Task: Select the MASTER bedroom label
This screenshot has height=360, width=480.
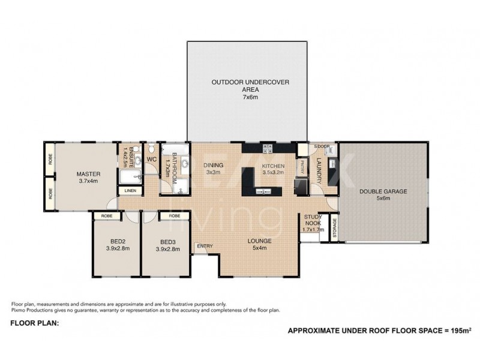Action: [87, 177]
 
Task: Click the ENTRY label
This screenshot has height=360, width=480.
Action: [204, 245]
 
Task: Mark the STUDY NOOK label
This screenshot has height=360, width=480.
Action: [313, 222]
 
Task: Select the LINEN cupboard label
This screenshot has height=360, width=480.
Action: [131, 191]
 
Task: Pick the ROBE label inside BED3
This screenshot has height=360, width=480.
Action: [175, 215]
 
